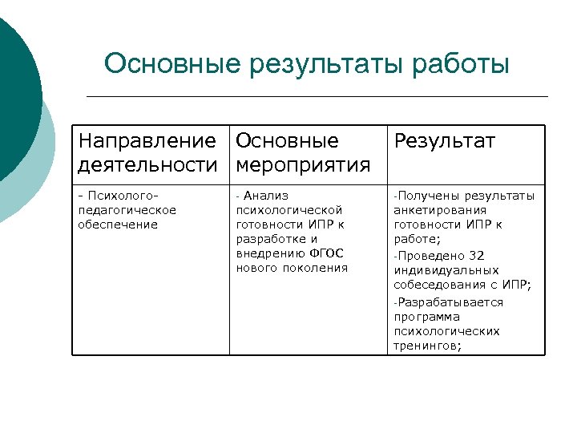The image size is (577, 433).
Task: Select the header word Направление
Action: [147, 142]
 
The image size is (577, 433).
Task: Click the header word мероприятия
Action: [303, 165]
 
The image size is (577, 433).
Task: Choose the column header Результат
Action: [444, 142]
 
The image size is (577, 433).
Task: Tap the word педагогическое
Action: [127, 210]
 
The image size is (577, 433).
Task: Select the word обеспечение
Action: [118, 225]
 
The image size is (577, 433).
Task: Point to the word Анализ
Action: [266, 196]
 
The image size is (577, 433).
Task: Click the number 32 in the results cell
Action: [477, 256]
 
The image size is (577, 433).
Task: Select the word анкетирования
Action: [439, 210]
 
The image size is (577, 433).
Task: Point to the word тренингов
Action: [427, 346]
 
